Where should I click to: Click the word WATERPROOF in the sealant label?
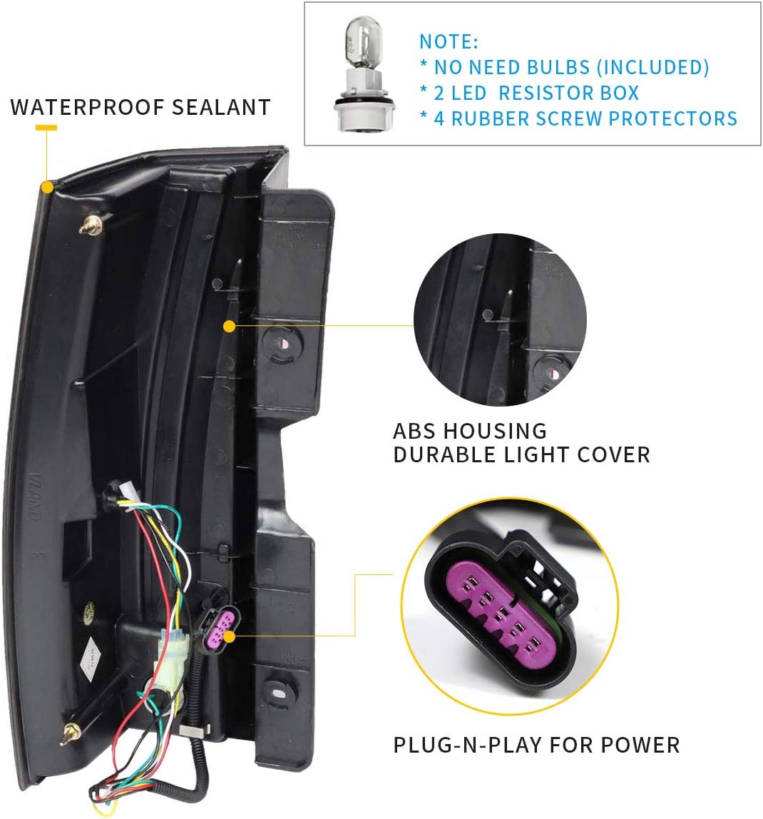[87, 107]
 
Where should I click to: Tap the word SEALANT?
[222, 107]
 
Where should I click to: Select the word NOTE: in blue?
[449, 42]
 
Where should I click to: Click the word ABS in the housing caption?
[414, 432]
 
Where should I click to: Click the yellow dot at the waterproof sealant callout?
[47, 187]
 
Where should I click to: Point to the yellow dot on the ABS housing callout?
[229, 327]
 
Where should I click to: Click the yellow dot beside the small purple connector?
[230, 636]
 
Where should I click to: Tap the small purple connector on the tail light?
[220, 627]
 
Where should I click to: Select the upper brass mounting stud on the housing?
[91, 224]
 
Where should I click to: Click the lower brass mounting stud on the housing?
[71, 734]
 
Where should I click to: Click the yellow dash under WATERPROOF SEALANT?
[46, 128]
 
